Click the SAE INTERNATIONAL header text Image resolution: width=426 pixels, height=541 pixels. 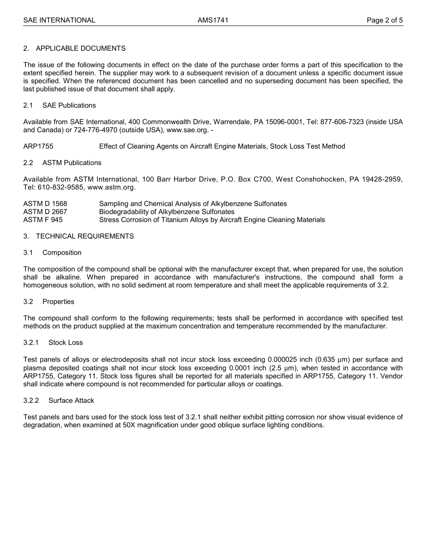pyautogui.click(x=59, y=20)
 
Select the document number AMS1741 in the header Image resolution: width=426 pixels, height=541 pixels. pyautogui.click(x=213, y=20)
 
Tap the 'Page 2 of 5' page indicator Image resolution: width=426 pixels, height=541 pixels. pyautogui.click(x=384, y=20)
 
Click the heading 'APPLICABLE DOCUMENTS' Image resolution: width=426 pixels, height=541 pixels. pyautogui.click(x=81, y=48)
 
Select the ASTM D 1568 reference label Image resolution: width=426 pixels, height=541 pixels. pyautogui.click(x=45, y=204)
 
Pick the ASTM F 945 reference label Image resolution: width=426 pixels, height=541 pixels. pyautogui.click(x=43, y=220)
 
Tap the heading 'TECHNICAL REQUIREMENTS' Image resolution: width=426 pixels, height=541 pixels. pyautogui.click(x=85, y=236)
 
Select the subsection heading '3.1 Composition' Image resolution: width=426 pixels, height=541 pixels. pyautogui.click(x=52, y=253)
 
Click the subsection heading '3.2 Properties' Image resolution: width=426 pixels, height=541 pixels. pyautogui.click(x=49, y=301)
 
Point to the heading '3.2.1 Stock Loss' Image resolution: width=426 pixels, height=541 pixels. pyautogui.click(x=53, y=342)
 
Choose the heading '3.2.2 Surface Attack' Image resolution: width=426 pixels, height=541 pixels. pyautogui.click(x=59, y=400)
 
